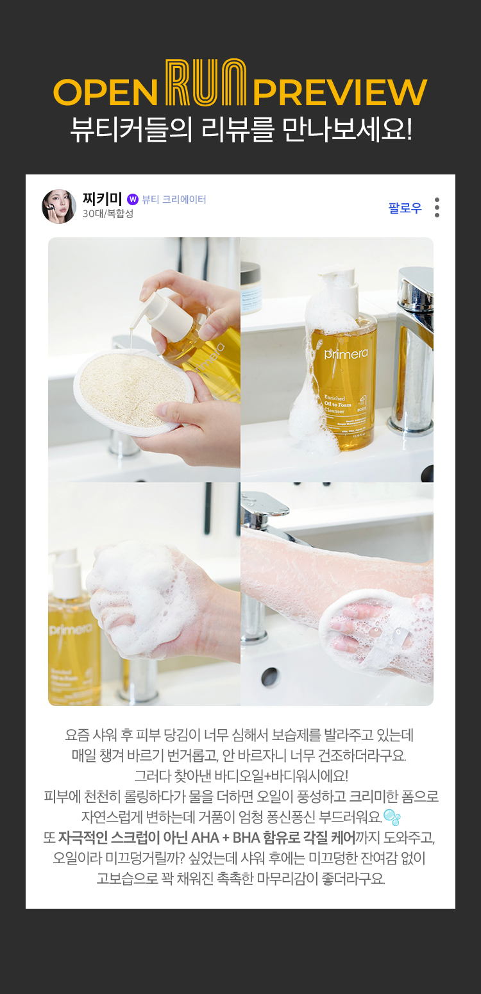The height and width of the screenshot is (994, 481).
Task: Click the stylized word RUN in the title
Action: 206,83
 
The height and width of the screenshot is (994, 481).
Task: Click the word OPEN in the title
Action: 106,92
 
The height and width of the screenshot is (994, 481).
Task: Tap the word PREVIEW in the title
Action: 340,92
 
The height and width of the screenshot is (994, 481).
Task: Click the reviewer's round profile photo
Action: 59,206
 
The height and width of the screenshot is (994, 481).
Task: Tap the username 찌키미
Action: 102,199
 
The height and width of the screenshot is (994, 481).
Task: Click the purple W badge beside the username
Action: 133,199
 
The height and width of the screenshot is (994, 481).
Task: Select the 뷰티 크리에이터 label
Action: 174,199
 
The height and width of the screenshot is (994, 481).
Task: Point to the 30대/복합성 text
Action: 108,214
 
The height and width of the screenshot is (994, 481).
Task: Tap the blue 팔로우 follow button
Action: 405,208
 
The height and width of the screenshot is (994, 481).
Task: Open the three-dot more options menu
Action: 437,208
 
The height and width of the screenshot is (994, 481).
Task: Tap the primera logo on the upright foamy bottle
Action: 346,353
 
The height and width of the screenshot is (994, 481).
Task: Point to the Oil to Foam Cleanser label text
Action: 337,404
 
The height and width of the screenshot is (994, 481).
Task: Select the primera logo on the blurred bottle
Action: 70,629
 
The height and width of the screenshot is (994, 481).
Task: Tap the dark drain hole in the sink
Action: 270,677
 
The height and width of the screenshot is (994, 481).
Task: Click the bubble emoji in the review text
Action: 391,817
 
